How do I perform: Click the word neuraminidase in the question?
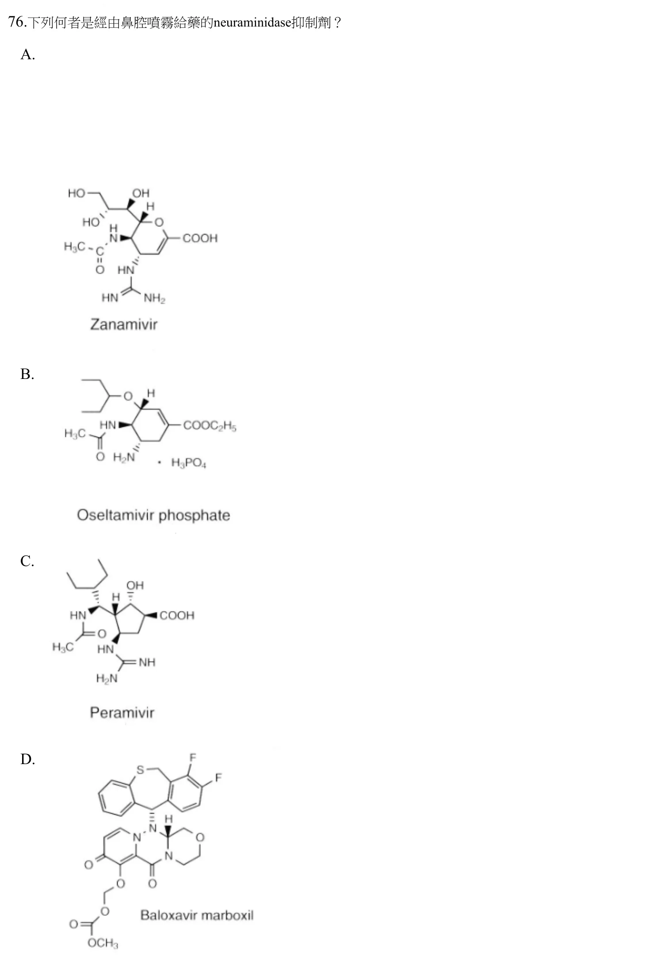(252, 22)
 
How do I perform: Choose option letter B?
(27, 374)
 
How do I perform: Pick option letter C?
(27, 561)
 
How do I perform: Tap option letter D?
(27, 759)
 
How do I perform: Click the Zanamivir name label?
(124, 325)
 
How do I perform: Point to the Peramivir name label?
(122, 712)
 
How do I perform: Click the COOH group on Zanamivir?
(200, 238)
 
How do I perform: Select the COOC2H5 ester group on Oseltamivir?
(210, 426)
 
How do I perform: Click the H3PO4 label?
(189, 463)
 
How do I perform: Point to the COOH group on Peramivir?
(177, 616)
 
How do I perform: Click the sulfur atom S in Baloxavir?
(140, 770)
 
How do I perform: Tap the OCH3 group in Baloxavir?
(103, 943)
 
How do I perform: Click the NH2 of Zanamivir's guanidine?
(154, 298)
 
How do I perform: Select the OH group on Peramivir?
(135, 585)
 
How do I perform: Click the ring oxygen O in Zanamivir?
(159, 222)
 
